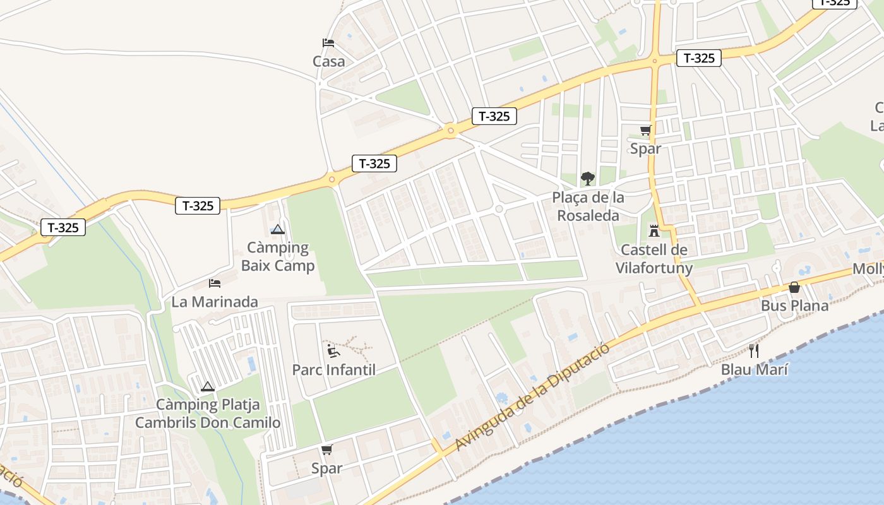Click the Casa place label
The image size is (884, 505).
pyautogui.click(x=328, y=61)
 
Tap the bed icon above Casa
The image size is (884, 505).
pyautogui.click(x=328, y=43)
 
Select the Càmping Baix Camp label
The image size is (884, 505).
pyautogui.click(x=278, y=256)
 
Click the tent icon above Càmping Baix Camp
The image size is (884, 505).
pyautogui.click(x=278, y=230)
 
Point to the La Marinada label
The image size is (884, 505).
pyautogui.click(x=215, y=302)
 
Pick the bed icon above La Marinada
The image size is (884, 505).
pyautogui.click(x=215, y=283)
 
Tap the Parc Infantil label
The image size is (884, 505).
pyautogui.click(x=333, y=370)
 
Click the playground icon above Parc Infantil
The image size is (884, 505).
pyautogui.click(x=333, y=351)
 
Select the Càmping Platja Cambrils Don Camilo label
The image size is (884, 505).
pyautogui.click(x=208, y=413)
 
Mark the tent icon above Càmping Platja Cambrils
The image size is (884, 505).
pyautogui.click(x=208, y=386)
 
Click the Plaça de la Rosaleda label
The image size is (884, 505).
pyautogui.click(x=588, y=206)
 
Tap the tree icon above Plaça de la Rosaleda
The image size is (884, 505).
pyautogui.click(x=588, y=179)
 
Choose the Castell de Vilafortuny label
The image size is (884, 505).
pyautogui.click(x=654, y=259)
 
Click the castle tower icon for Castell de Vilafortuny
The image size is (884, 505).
pyautogui.click(x=654, y=230)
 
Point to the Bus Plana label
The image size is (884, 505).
pyautogui.click(x=794, y=306)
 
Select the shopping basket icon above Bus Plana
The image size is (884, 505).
pyautogui.click(x=794, y=287)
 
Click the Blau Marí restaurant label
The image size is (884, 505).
pyautogui.click(x=754, y=369)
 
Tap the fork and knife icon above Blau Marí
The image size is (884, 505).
pyautogui.click(x=754, y=350)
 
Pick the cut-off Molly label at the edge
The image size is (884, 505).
pyautogui.click(x=869, y=269)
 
